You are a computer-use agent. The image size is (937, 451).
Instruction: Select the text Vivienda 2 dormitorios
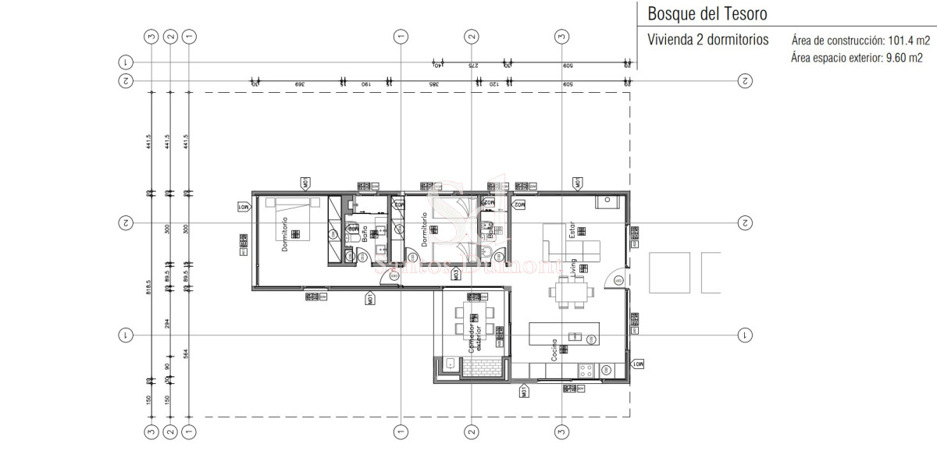tap(708, 40)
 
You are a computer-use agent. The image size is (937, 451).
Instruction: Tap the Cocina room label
tap(553, 349)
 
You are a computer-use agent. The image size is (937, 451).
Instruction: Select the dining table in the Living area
tap(570, 294)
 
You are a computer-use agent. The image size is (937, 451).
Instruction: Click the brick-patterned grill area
tap(479, 368)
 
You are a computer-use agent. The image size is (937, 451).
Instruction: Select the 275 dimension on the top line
tap(472, 66)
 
